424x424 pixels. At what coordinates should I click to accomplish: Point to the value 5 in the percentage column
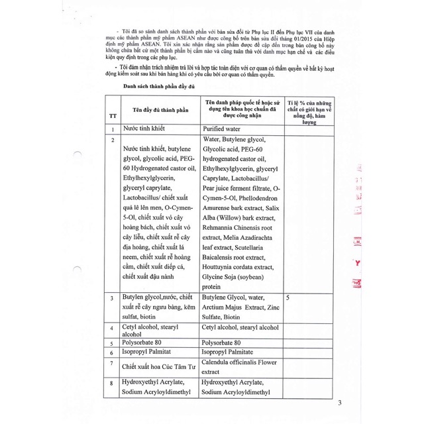(x=288, y=298)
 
